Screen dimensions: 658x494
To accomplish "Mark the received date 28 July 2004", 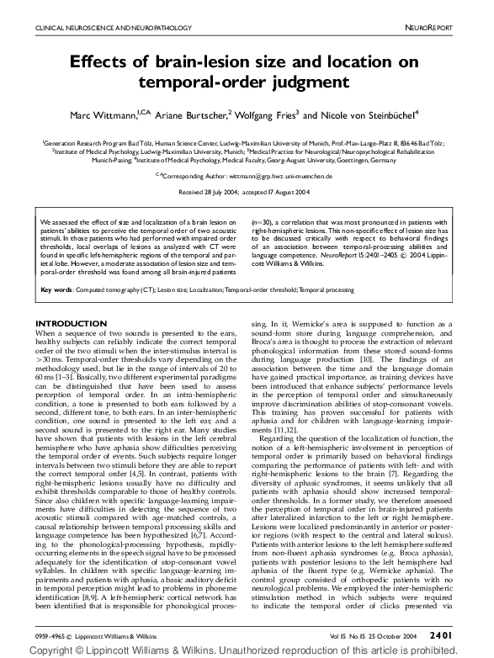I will click(x=222, y=193).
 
